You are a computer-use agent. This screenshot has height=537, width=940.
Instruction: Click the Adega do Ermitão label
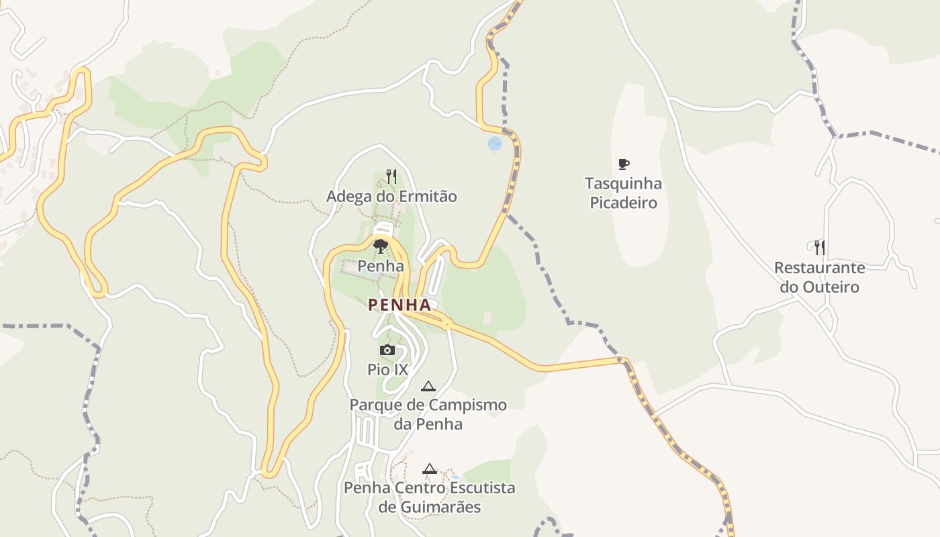tap(391, 197)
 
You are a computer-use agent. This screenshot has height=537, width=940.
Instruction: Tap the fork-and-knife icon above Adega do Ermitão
tap(391, 177)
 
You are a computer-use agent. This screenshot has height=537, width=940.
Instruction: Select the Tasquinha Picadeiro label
tap(623, 193)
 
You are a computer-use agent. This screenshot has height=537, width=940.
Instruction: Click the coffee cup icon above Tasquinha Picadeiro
tap(624, 164)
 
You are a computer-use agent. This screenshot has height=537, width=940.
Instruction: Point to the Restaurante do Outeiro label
tap(819, 277)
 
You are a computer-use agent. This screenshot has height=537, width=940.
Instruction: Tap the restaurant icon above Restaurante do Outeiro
tap(819, 248)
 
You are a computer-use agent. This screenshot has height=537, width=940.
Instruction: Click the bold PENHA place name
tap(399, 305)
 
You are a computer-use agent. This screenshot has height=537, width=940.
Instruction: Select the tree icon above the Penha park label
tap(381, 246)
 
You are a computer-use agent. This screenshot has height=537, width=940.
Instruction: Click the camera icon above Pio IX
tap(387, 350)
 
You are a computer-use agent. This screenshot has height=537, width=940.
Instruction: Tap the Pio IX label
tap(387, 369)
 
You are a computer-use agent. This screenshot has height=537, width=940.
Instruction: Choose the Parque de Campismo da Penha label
tap(428, 415)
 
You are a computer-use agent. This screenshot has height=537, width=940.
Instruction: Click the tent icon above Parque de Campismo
tap(428, 386)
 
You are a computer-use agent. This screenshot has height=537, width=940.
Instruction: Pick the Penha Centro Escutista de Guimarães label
tap(430, 497)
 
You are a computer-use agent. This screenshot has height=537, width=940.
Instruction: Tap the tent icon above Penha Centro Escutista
tap(430, 469)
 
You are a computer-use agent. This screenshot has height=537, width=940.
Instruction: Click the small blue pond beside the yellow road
tap(495, 144)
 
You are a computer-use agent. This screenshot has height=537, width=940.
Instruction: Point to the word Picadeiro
tap(623, 203)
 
